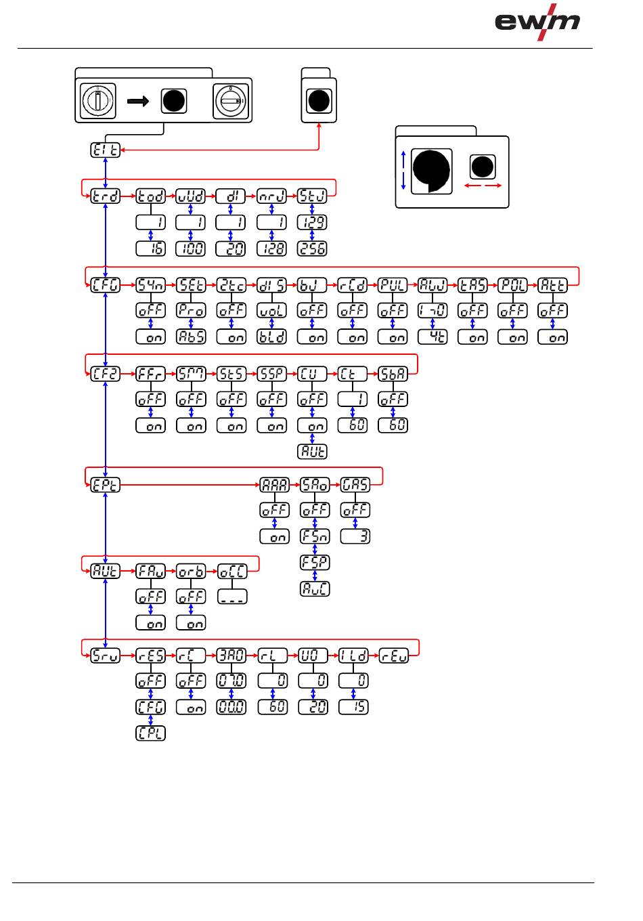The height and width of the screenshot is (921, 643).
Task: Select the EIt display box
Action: pos(105,150)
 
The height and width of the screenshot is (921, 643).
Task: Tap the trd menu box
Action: pos(106,196)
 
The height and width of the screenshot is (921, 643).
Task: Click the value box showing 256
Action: pos(312,249)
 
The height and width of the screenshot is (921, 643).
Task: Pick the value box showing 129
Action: pos(312,222)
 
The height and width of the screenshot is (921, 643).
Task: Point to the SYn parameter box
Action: pos(150,285)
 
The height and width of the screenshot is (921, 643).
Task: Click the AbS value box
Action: pos(191,337)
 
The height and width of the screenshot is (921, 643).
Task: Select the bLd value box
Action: pos(271,337)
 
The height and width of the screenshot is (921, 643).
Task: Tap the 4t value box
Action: pos(433,337)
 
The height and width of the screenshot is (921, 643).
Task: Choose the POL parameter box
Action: pos(512,285)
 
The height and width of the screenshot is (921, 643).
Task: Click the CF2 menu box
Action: pos(106,374)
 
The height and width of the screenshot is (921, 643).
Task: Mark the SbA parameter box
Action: pos(393,374)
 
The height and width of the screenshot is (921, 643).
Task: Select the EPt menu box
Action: pos(106,485)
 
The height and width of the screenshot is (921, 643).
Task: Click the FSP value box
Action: pos(315,562)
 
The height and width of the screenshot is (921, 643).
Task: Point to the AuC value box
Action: pos(315,588)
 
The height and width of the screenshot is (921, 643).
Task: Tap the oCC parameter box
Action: pos(232,572)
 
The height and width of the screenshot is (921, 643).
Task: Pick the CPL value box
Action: pos(150,733)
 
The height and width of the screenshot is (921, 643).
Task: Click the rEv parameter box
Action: pos(393,656)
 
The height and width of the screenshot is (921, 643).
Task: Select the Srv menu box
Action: pos(106,656)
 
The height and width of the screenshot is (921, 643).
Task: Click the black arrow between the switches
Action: pos(137,101)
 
